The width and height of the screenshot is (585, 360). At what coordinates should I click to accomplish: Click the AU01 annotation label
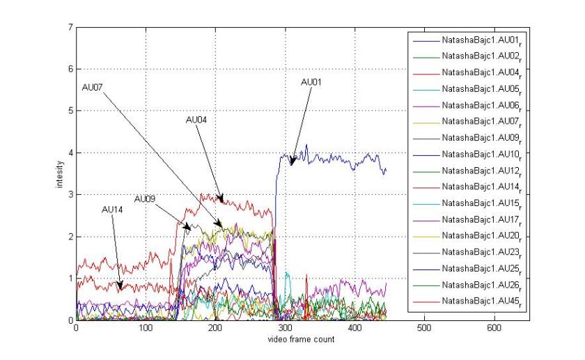pyautogui.click(x=311, y=82)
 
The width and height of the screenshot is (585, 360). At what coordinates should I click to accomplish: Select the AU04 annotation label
pyautogui.click(x=196, y=120)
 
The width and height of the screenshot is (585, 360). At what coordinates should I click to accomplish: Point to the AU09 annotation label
pyautogui.click(x=145, y=199)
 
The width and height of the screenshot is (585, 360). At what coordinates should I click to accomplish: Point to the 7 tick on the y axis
pyautogui.click(x=70, y=27)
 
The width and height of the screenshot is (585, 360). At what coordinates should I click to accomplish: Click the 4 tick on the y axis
pyautogui.click(x=70, y=152)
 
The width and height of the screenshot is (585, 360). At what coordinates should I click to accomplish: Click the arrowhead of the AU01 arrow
pyautogui.click(x=292, y=165)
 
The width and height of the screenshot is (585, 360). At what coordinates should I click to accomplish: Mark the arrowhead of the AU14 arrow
pyautogui.click(x=120, y=288)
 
